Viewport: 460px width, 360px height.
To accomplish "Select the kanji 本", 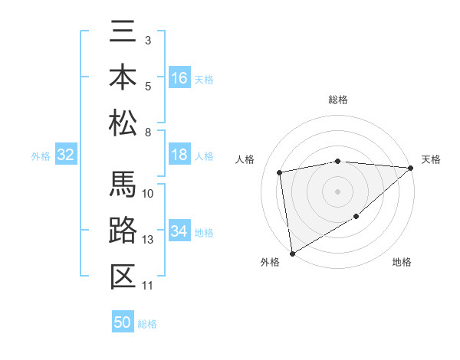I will pyautogui.click(x=123, y=77).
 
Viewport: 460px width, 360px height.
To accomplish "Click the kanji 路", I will pyautogui.click(x=123, y=231).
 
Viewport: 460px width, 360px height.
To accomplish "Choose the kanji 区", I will pyautogui.click(x=123, y=276).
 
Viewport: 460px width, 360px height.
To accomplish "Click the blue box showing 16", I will pyautogui.click(x=179, y=78).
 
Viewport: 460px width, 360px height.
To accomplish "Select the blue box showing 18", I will pyautogui.click(x=179, y=155).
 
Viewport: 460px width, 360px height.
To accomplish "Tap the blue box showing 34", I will pyautogui.click(x=179, y=231).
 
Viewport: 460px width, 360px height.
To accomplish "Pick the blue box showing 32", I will pyautogui.click(x=65, y=155).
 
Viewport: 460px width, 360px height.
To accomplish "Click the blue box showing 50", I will pyautogui.click(x=123, y=322).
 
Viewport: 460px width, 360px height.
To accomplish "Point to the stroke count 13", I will pyautogui.click(x=148, y=240).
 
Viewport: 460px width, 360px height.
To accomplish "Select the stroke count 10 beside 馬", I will pyautogui.click(x=148, y=193).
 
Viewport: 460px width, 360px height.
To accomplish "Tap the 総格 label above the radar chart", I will pyautogui.click(x=338, y=100).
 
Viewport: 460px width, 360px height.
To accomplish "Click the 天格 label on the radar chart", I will pyautogui.click(x=432, y=159).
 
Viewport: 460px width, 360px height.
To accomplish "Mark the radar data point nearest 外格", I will pyautogui.click(x=292, y=253).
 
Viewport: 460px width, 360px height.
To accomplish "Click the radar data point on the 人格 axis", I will pyautogui.click(x=281, y=172).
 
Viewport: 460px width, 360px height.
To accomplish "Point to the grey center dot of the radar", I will pyautogui.click(x=337, y=191).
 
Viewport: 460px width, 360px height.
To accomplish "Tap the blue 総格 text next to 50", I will pyautogui.click(x=148, y=324).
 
